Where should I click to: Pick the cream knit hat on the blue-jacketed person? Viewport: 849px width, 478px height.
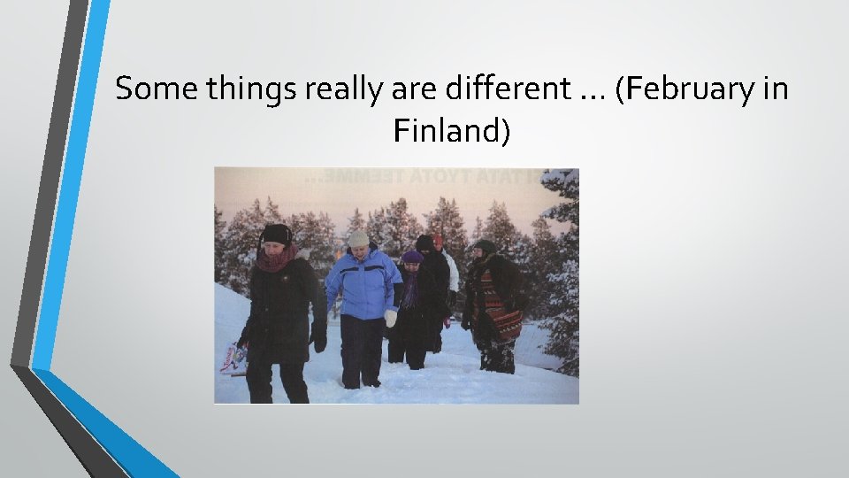click(x=358, y=238)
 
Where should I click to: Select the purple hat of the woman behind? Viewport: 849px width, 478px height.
click(x=412, y=257)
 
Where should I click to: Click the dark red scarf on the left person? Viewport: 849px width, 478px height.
click(x=277, y=259)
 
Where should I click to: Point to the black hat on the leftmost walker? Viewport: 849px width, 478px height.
click(x=276, y=233)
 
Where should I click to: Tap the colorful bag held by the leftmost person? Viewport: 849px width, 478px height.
click(x=233, y=358)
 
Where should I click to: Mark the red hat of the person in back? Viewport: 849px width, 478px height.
click(x=438, y=239)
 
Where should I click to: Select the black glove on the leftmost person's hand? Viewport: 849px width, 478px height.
click(x=317, y=337)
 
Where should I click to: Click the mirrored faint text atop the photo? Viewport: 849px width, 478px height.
click(x=424, y=177)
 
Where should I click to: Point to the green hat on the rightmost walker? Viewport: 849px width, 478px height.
click(x=484, y=245)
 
